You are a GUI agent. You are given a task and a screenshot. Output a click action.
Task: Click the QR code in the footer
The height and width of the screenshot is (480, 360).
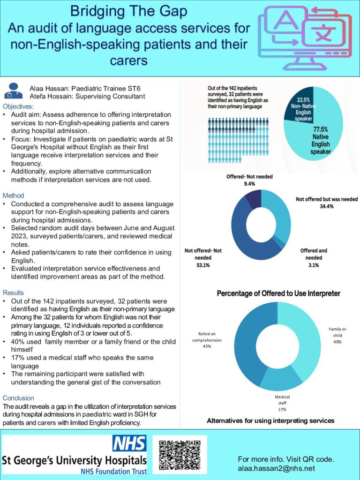[180, 455]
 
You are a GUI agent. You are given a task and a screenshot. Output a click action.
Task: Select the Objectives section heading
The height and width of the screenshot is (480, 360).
[18, 106]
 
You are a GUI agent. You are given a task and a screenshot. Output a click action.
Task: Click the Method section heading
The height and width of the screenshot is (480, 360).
[13, 195]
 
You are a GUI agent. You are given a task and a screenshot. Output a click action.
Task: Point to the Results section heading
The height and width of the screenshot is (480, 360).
[15, 292]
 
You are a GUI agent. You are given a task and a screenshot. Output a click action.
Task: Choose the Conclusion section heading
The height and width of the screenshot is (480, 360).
[18, 398]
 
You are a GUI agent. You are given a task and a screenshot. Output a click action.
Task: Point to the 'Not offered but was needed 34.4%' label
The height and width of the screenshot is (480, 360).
[326, 202]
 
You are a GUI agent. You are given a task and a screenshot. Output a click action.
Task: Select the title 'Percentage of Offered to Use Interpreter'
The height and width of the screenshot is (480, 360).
[278, 293]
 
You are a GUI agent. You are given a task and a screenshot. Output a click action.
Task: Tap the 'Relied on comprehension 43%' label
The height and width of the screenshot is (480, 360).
[207, 340]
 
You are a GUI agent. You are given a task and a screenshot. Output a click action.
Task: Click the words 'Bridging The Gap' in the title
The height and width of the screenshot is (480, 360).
[129, 11]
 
